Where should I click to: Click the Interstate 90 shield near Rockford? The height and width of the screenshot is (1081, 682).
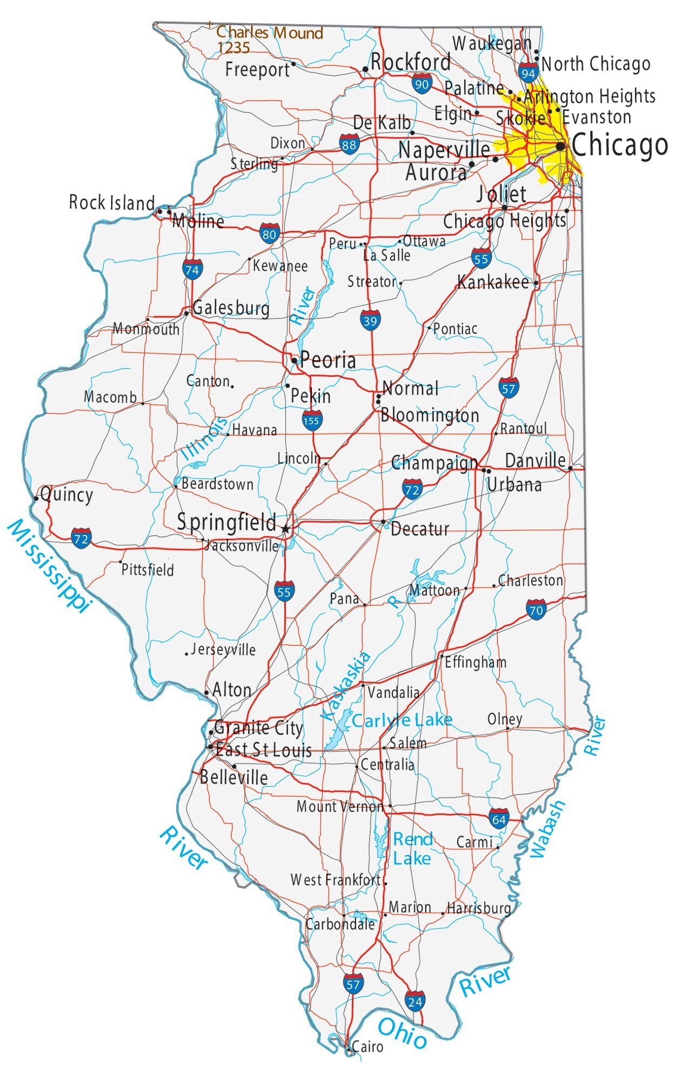[x=422, y=83]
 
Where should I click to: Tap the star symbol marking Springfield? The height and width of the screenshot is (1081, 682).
[x=286, y=529]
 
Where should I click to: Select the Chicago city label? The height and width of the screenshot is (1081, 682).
[x=619, y=145]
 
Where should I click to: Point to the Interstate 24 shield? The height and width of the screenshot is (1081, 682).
[x=415, y=1002]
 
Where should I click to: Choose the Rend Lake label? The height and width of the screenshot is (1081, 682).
[x=412, y=849]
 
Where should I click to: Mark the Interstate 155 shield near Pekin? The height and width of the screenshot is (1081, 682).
[x=312, y=420]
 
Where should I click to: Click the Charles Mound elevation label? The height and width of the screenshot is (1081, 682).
[x=269, y=39]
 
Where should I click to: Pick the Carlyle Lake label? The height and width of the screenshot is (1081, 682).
[x=402, y=720]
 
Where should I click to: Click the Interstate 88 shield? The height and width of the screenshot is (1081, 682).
[x=349, y=144]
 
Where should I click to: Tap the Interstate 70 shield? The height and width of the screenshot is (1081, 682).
[x=536, y=610]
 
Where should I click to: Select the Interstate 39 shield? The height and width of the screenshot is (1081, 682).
[x=370, y=321]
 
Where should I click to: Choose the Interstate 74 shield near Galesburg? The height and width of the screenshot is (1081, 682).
[x=192, y=269]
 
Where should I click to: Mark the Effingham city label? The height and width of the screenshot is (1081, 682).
[x=476, y=662]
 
